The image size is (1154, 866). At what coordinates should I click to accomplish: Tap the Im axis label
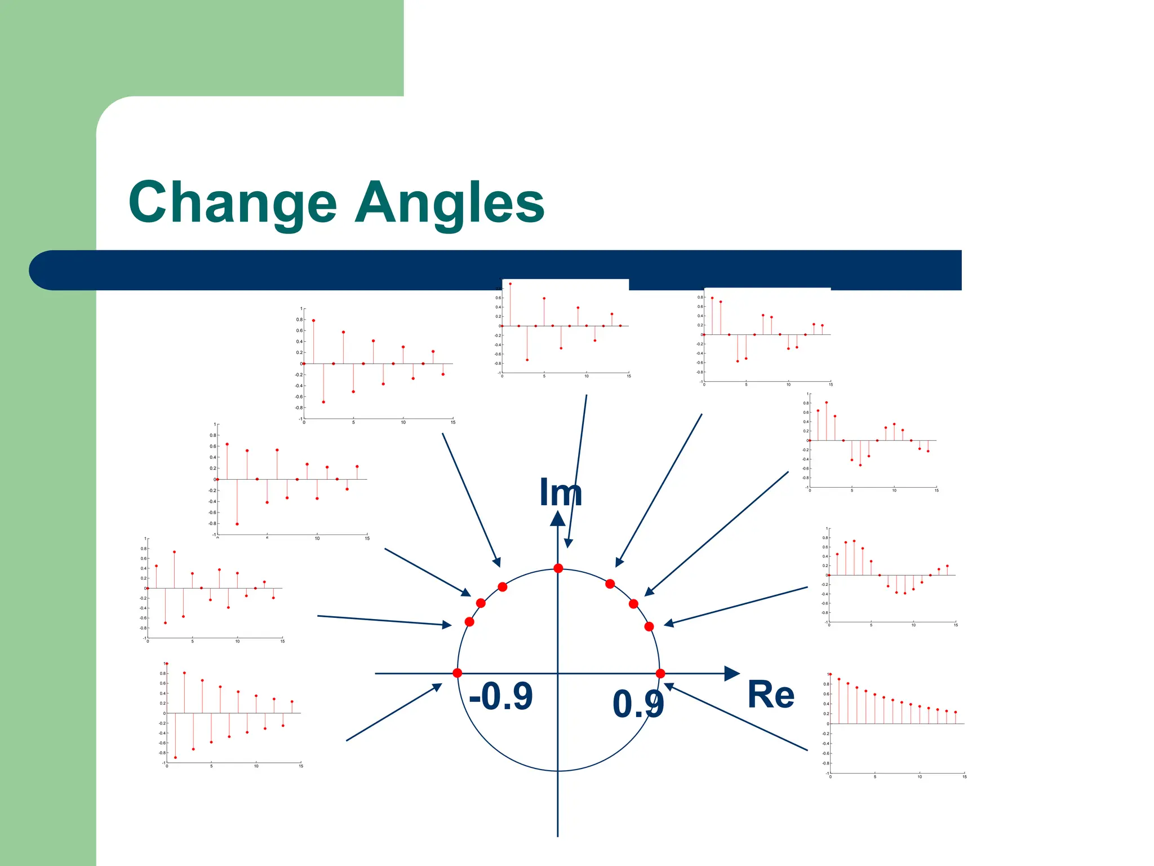pos(560,492)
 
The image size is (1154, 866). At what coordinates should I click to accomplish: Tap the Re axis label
pos(770,695)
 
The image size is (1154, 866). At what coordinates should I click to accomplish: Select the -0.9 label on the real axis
pos(500,696)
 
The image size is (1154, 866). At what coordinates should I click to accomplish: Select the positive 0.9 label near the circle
pos(638,704)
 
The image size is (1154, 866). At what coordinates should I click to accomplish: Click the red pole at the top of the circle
pos(558,568)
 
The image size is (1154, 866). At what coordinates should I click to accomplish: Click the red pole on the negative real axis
pos(457,673)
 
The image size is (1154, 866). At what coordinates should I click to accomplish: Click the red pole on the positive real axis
pos(660,673)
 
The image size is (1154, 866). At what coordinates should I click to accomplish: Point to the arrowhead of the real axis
pos(732,673)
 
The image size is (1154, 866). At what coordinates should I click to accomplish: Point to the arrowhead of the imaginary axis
pos(558,518)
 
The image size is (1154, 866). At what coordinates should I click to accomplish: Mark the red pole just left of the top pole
pos(503,587)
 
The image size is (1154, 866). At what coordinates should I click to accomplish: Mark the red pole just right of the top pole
pos(610,584)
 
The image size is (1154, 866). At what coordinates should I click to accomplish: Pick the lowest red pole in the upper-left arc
pos(469,622)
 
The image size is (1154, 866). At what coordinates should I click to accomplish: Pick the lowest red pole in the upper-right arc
pos(649,626)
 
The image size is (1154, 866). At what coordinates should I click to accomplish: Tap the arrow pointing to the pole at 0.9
pos(735,717)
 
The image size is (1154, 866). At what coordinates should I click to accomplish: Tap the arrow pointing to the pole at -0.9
pos(394,712)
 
